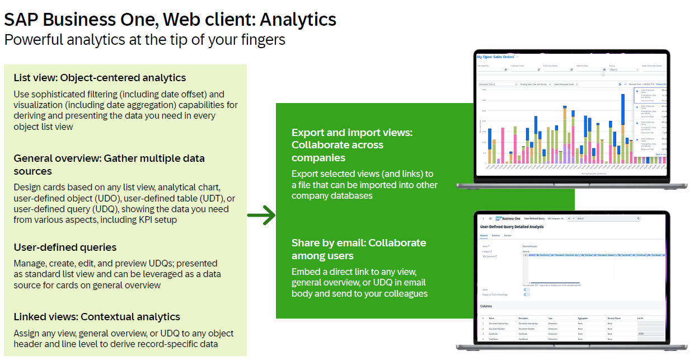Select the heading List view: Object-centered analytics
pos(100,78)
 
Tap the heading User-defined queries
pos(65,247)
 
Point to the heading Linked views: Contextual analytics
pos(97,317)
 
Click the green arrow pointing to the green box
pos(261,214)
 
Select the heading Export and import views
pos(351,133)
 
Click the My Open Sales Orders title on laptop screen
pos(495,57)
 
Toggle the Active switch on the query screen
pos(527,289)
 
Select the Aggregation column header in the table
pos(583,318)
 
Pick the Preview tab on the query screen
pos(508,236)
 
